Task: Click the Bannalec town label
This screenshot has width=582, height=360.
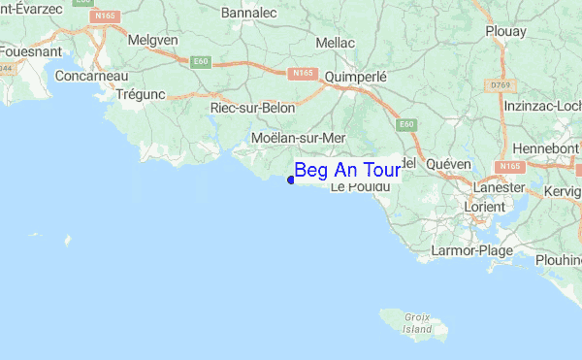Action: (249, 14)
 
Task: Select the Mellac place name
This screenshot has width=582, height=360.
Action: (336, 43)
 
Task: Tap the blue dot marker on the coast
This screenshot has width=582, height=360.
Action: (291, 180)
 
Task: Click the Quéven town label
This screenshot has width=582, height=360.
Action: (448, 164)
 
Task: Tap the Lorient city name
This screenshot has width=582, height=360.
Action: (485, 207)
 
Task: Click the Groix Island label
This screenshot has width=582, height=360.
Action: (417, 322)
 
